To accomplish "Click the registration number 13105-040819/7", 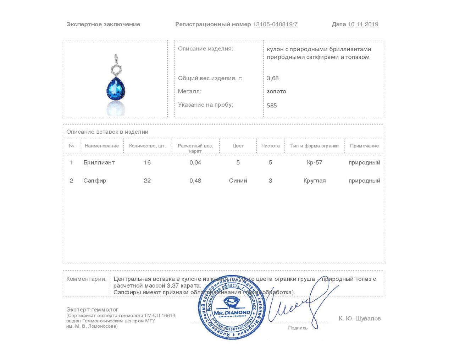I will pyautogui.click(x=275, y=25).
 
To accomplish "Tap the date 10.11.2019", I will pyautogui.click(x=363, y=25).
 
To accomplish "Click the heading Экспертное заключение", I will pyautogui.click(x=103, y=25).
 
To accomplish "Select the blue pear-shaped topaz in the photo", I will pyautogui.click(x=116, y=88).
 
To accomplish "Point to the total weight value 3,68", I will pyautogui.click(x=273, y=78).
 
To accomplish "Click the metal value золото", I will pyautogui.click(x=276, y=91).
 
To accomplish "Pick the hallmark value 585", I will pyautogui.click(x=272, y=105).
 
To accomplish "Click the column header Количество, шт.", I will pyautogui.click(x=147, y=146).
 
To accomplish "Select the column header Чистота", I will pyautogui.click(x=270, y=146).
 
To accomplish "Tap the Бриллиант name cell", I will pyautogui.click(x=99, y=162).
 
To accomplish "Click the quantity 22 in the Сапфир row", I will pyautogui.click(x=147, y=181).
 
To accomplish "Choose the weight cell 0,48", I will pyautogui.click(x=195, y=181).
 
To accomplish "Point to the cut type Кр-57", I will pyautogui.click(x=315, y=162).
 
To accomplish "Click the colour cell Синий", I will pyautogui.click(x=238, y=181).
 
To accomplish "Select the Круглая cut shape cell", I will pyautogui.click(x=315, y=181).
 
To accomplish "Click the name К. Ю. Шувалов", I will pyautogui.click(x=360, y=318).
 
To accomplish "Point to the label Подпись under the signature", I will pyautogui.click(x=298, y=328).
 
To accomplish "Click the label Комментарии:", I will pyautogui.click(x=87, y=279).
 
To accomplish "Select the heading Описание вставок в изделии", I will pyautogui.click(x=107, y=132).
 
